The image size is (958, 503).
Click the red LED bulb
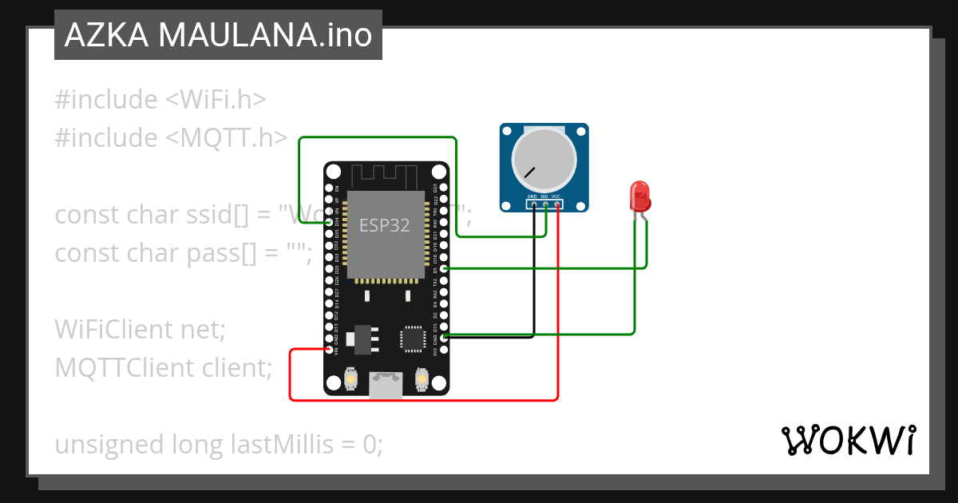[x=639, y=195]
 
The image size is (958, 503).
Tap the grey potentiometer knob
[x=544, y=158]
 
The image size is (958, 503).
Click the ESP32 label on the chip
[x=384, y=225]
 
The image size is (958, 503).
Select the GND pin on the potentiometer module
[x=532, y=204]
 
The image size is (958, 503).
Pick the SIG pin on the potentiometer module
[x=545, y=204]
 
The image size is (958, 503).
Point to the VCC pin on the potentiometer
[x=557, y=204]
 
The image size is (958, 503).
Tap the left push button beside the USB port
[x=350, y=380]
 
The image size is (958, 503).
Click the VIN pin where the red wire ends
[x=331, y=350]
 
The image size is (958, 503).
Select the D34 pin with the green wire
[x=331, y=224]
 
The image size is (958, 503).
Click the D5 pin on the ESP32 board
[x=444, y=269]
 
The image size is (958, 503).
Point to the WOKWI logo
[x=848, y=441]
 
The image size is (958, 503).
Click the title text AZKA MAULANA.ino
[x=218, y=35]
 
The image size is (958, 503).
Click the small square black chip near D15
[x=414, y=338]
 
